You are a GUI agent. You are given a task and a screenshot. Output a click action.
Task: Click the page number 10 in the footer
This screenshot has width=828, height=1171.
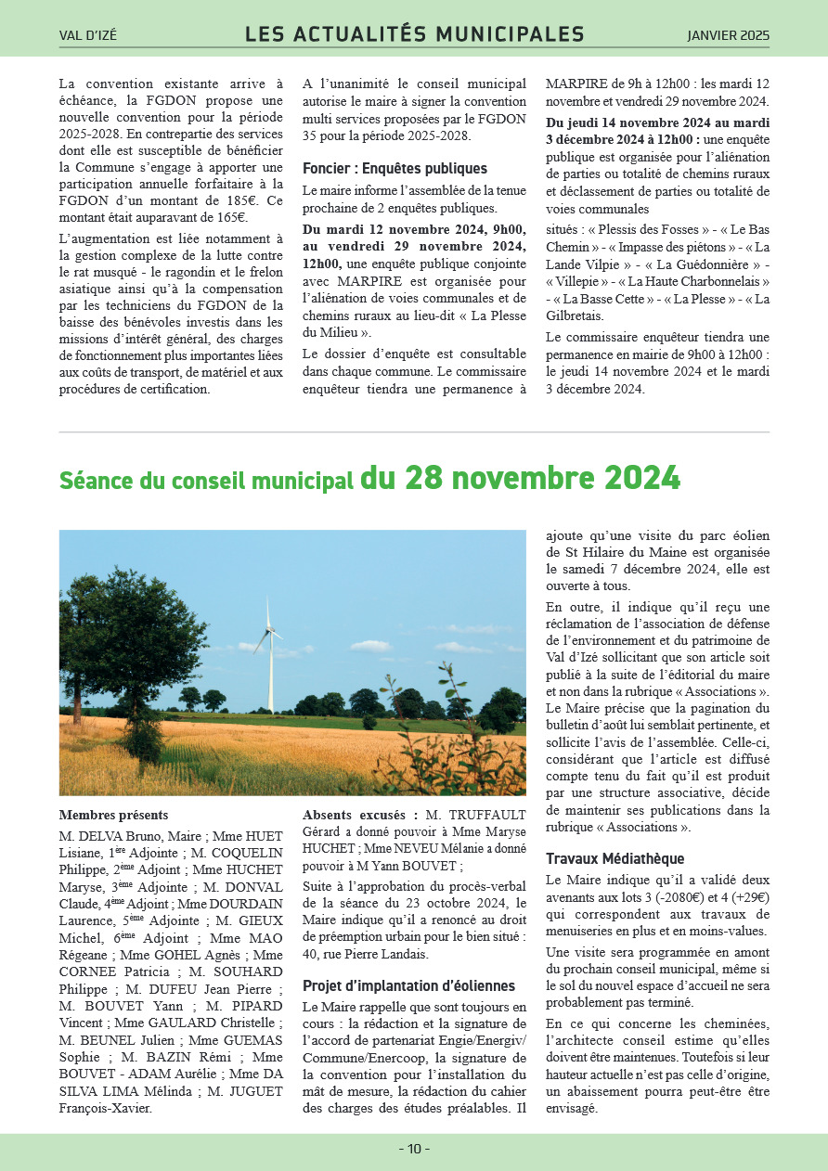(x=414, y=1149)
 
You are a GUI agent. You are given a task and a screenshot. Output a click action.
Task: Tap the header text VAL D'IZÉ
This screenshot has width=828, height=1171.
(x=88, y=36)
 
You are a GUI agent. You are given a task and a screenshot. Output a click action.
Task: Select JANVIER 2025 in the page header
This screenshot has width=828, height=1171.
(x=728, y=36)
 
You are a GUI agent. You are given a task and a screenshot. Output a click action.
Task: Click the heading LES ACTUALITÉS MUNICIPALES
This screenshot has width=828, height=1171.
(x=414, y=35)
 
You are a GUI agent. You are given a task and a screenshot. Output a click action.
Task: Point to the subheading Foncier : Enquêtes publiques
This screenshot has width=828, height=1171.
(x=395, y=169)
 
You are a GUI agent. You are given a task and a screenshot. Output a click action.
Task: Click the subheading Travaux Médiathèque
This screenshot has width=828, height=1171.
(x=615, y=858)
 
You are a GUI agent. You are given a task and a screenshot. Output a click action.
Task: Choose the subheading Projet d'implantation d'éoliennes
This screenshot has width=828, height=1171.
(x=408, y=985)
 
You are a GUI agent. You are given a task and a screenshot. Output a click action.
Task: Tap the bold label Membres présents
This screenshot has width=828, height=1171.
(x=113, y=815)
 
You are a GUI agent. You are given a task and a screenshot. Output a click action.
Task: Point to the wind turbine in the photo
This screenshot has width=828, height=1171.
(x=269, y=650)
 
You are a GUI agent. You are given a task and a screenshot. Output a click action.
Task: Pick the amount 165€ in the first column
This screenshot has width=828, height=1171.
(x=228, y=218)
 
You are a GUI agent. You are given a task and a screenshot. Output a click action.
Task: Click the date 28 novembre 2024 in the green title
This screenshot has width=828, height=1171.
(x=520, y=478)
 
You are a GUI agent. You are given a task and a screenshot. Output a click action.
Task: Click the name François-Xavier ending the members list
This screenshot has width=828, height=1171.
(x=105, y=1108)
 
